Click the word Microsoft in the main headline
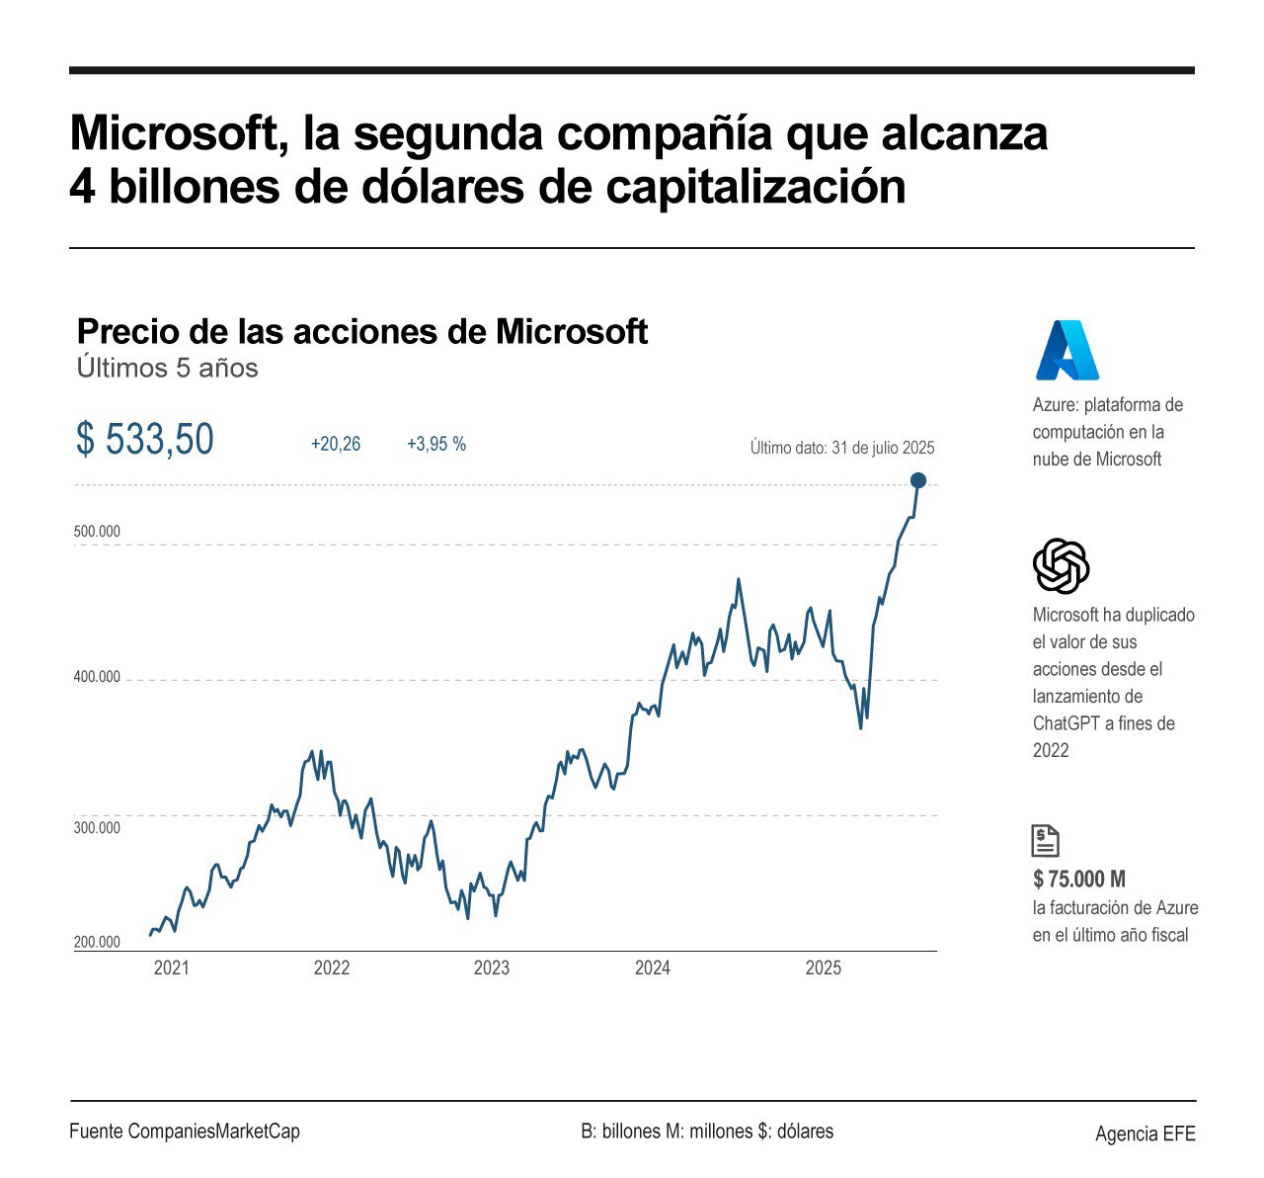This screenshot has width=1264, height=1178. (173, 133)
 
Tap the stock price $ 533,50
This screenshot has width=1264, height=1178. (144, 440)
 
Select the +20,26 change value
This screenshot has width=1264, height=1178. (336, 445)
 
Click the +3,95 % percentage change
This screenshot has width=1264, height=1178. (436, 445)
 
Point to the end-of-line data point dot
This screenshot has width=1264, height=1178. (918, 480)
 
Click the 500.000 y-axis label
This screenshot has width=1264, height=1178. (97, 532)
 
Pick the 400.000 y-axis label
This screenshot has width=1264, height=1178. (97, 677)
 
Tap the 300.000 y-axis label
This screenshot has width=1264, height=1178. (97, 827)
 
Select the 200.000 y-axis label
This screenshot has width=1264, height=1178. (97, 942)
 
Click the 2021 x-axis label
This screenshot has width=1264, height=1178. (171, 968)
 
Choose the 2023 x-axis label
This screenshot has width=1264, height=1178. (492, 968)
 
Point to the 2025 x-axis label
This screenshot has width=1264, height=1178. (824, 968)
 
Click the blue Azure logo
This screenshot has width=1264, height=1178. (1066, 350)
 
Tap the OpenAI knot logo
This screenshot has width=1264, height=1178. (1061, 566)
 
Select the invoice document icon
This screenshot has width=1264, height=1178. (1045, 840)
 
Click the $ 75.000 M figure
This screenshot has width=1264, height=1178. (1079, 879)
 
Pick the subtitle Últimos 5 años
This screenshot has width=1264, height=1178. (167, 368)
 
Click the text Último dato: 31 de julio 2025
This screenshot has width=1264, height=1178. (841, 448)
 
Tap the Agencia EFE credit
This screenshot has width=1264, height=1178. (1145, 1134)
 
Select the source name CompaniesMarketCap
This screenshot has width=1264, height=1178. (213, 1132)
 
